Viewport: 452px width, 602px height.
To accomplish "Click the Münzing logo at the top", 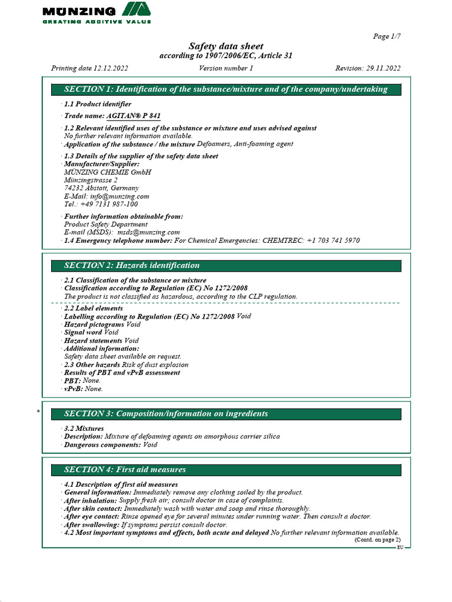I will pyautogui.click(x=96, y=12).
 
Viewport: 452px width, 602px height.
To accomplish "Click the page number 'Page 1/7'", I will pyautogui.click(x=387, y=36).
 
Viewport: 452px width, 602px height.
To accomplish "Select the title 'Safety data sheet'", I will pyautogui.click(x=225, y=46).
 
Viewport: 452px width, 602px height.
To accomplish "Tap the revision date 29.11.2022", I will pyautogui.click(x=384, y=68).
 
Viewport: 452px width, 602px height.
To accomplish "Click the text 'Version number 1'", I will pyautogui.click(x=226, y=68).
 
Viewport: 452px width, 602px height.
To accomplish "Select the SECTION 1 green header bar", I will pyautogui.click(x=225, y=89).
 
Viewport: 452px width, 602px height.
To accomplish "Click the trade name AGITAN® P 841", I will pyautogui.click(x=133, y=116).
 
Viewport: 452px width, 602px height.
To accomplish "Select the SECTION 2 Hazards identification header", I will pyautogui.click(x=225, y=266).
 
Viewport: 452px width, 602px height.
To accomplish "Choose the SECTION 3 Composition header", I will pyautogui.click(x=225, y=414).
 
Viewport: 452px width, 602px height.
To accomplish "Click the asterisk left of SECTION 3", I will pyautogui.click(x=38, y=412).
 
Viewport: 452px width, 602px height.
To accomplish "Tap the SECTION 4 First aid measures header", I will pyautogui.click(x=225, y=470).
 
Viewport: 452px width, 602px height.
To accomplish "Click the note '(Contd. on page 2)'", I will pyautogui.click(x=377, y=540).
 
